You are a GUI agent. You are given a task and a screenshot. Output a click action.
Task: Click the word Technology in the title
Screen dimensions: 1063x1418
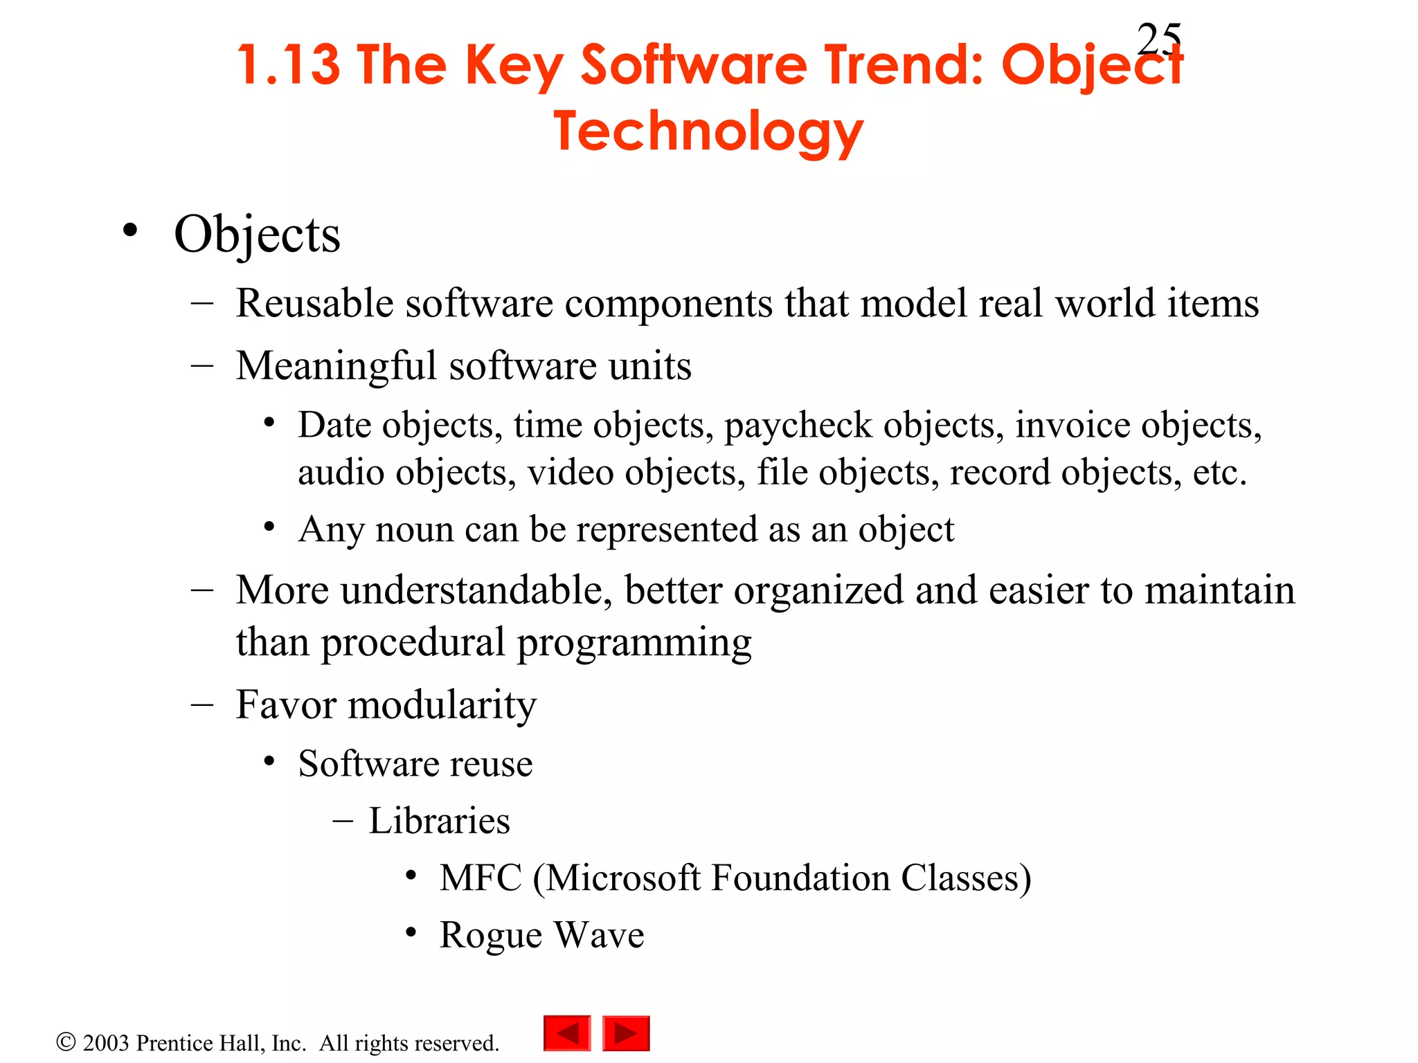pos(708,131)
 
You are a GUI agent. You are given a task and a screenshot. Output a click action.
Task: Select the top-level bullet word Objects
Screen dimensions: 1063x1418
pos(257,235)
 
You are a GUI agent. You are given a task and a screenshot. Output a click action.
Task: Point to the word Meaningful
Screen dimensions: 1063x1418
pos(336,365)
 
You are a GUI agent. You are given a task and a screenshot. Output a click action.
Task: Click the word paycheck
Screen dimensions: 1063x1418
pos(798,425)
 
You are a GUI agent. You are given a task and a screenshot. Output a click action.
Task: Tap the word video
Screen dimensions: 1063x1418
pos(570,473)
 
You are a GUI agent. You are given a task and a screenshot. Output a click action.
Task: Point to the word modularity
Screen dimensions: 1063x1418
pos(442,705)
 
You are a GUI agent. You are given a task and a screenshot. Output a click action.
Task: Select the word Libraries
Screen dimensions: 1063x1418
pos(439,821)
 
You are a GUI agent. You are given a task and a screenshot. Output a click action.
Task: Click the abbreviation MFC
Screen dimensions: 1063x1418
pos(481,878)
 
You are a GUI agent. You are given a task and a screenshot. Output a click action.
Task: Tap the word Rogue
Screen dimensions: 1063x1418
pos(491,935)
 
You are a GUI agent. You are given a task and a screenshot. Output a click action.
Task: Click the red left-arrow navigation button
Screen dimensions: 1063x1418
pos(567,1033)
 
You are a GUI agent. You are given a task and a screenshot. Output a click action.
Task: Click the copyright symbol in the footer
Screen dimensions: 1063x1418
pos(66,1042)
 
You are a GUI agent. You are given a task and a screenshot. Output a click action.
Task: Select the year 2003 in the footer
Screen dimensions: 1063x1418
pos(106,1043)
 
